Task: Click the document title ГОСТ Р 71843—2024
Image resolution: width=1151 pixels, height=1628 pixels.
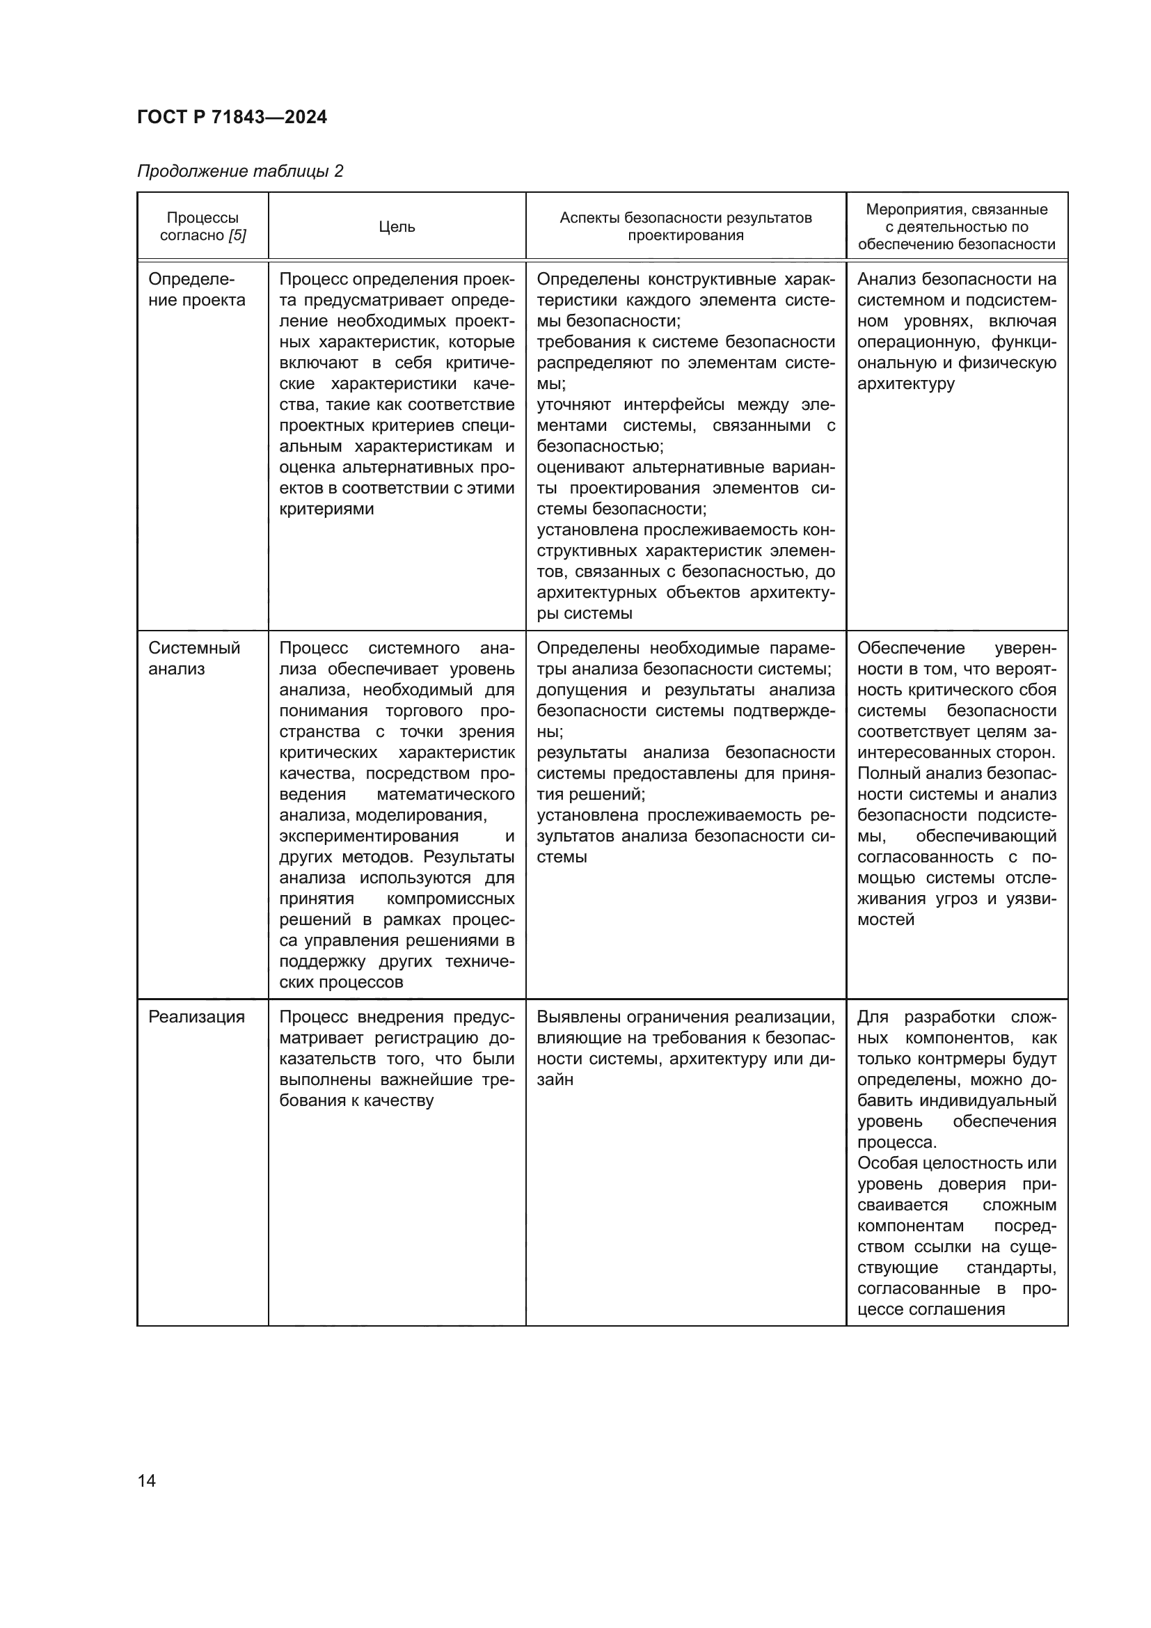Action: coord(232,118)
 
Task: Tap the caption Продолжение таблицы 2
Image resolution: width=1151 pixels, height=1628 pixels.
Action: coord(239,171)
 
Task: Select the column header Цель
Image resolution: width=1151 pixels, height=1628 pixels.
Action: coord(396,227)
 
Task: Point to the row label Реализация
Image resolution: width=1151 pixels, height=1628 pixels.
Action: coord(196,1017)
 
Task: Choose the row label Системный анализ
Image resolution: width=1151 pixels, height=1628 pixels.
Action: coord(193,658)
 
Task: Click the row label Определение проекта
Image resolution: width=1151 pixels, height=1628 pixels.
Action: coord(196,290)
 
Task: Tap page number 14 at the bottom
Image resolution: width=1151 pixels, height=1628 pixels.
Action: coord(147,1480)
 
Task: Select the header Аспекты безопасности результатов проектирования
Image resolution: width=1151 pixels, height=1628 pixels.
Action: coord(685,227)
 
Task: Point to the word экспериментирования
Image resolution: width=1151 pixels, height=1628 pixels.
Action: coord(368,836)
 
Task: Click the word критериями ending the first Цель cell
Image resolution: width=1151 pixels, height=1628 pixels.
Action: coord(326,509)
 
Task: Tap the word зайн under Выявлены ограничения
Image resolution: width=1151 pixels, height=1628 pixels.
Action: coord(555,1080)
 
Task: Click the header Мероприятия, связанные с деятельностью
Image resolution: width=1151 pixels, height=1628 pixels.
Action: coord(956,227)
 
